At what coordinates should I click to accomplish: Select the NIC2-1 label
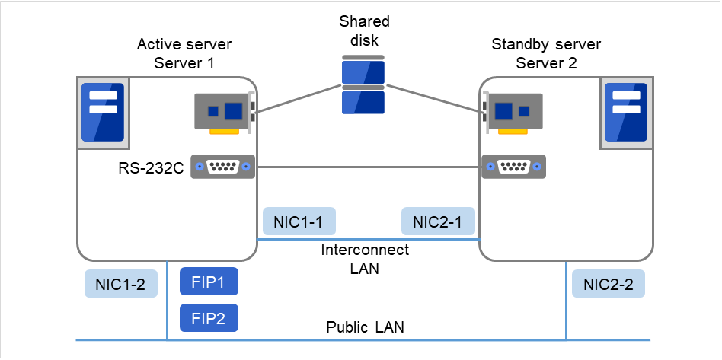pos(438,221)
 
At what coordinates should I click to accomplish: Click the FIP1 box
pos(209,281)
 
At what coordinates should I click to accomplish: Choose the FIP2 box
pos(209,317)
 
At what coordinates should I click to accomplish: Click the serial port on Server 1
pos(222,166)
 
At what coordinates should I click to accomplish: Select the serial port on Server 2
pos(513,166)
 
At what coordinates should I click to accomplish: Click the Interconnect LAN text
pos(364,259)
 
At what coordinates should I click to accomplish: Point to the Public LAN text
pos(365,328)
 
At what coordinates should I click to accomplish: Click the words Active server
pos(184,45)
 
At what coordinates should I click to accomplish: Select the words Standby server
pos(546,45)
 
